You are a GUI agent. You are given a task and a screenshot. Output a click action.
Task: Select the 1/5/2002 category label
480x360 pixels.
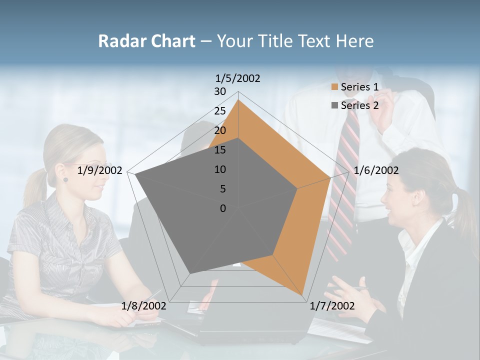[237, 78]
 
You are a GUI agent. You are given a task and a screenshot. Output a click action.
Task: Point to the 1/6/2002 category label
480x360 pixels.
[376, 170]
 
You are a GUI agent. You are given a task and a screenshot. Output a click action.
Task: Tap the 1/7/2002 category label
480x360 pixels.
[332, 306]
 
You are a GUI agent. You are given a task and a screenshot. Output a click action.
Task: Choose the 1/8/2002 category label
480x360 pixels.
[143, 306]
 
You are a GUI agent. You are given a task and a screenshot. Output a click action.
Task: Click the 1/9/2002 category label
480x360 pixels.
[100, 170]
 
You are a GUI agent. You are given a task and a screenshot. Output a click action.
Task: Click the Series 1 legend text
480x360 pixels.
[359, 87]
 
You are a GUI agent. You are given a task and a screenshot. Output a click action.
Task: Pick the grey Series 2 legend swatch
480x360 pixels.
[334, 105]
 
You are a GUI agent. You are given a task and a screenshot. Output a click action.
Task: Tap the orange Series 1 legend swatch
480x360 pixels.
[334, 87]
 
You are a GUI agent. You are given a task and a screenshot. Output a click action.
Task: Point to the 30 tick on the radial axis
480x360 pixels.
[220, 91]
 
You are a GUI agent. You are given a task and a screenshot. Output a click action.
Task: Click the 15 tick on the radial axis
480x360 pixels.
[220, 150]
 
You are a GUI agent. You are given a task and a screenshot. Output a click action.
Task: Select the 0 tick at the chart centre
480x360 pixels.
[223, 208]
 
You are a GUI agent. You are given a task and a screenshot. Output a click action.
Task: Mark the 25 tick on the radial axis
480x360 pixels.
[220, 111]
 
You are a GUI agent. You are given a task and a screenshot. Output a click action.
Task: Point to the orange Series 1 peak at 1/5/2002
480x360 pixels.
[238, 100]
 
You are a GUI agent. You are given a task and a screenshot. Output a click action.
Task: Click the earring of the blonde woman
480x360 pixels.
[65, 179]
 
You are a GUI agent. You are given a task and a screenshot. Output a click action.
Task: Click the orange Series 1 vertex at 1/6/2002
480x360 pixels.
[330, 178]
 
